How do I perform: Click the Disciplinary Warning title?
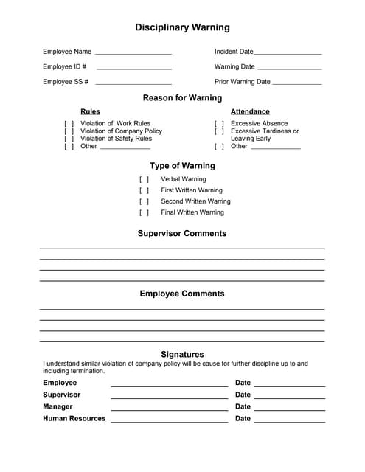tap(182, 27)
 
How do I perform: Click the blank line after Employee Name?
tap(133, 53)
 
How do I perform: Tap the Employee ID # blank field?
tap(133, 68)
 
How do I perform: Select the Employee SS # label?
tap(66, 82)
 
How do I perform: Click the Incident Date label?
tap(234, 52)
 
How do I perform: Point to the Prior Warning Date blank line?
tap(297, 83)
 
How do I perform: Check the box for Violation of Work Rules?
tap(69, 124)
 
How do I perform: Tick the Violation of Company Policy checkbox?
tap(69, 131)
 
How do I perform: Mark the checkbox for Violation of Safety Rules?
tap(69, 139)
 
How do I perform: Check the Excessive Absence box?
tap(219, 124)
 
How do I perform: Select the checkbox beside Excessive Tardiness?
tap(219, 131)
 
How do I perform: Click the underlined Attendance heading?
tap(250, 112)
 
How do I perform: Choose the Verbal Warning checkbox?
tap(144, 179)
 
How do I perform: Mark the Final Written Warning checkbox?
tap(144, 213)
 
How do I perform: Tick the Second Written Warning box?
tap(144, 201)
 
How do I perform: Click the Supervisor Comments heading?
tap(182, 234)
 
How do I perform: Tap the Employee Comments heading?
tap(182, 294)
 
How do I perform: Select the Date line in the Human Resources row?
tap(289, 420)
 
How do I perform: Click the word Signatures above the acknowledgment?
tap(182, 355)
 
